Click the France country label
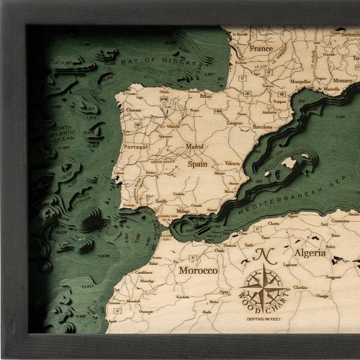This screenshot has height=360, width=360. (261, 49)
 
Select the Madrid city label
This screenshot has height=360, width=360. (195, 146)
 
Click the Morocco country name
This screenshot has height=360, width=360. (198, 271)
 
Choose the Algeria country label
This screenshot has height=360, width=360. (309, 253)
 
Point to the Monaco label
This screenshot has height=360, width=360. (321, 80)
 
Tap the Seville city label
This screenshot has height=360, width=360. (162, 201)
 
